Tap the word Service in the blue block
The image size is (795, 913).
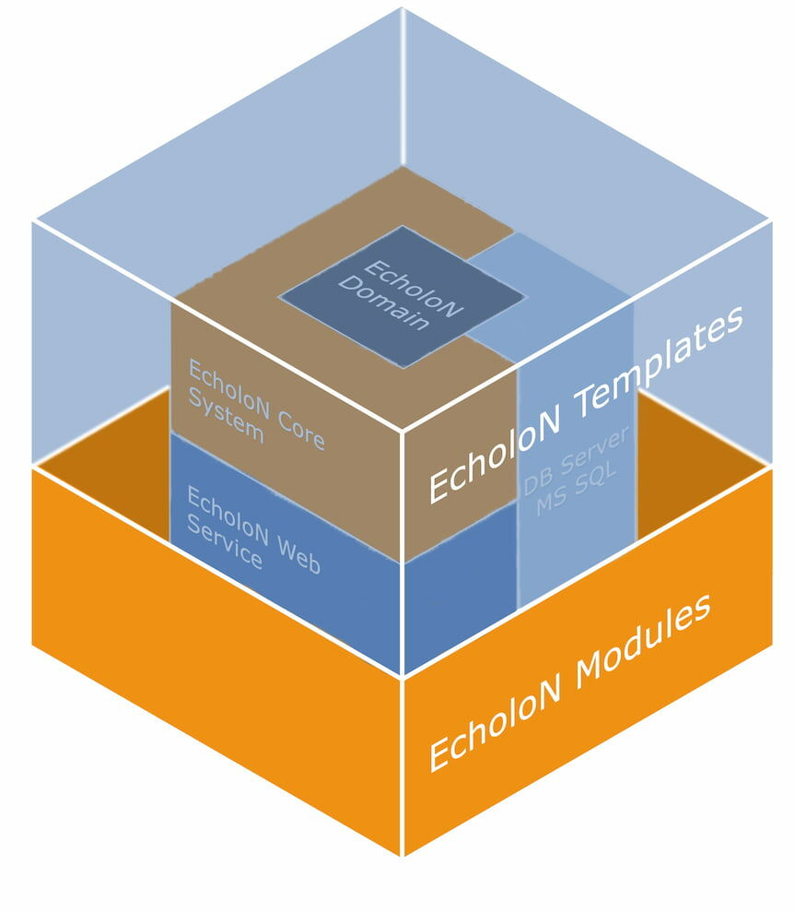click(x=225, y=547)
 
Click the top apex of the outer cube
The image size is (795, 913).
click(x=403, y=8)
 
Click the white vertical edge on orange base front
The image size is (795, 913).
click(x=403, y=765)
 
